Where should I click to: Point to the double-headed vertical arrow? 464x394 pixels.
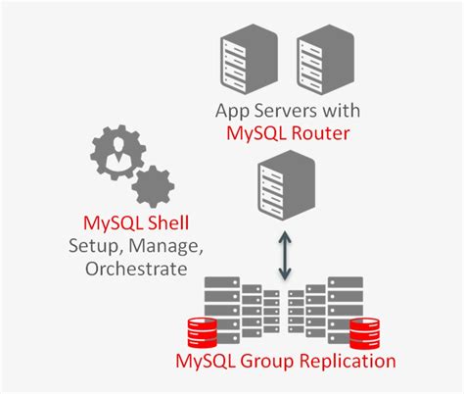(284, 254)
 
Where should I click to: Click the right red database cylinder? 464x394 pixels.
(363, 333)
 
